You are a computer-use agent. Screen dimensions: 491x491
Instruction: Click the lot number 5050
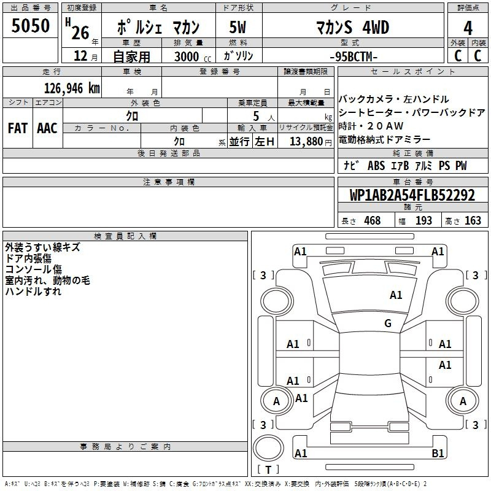coord(30,26)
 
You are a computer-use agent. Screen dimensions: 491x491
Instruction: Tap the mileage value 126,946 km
coord(72,88)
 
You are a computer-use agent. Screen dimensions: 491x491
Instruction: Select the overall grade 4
coord(468,28)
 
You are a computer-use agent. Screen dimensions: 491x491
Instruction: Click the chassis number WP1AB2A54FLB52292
coord(412,195)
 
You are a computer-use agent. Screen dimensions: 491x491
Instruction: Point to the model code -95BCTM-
coord(354,56)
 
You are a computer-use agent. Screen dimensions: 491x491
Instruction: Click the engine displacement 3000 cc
coord(193,56)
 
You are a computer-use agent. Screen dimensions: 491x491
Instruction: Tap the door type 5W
coord(238,27)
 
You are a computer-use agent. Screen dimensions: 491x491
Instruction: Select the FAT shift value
coord(18,128)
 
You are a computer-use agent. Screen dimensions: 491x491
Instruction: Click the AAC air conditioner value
coord(47,128)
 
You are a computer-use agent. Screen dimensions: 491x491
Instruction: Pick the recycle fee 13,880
coord(306,142)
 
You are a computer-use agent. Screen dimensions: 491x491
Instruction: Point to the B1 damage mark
coord(438,453)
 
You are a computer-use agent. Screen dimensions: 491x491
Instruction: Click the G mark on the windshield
coord(388,323)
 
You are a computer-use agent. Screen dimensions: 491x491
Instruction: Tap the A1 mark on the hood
coord(396,295)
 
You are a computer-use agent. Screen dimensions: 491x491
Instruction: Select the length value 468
coord(373,220)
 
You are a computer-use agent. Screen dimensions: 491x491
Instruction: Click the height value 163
coord(473,220)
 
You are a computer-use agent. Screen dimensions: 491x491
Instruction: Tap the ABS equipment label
coord(376,166)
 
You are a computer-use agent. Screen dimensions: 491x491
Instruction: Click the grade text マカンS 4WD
coord(352,27)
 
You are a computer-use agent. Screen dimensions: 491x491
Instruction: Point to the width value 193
coord(423,220)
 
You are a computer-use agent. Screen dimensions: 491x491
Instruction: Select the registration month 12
coord(80,56)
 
